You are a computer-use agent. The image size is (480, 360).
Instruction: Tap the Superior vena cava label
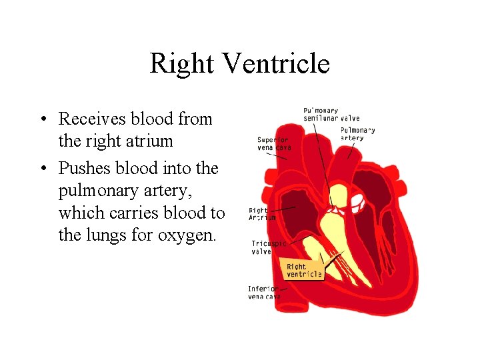(274, 143)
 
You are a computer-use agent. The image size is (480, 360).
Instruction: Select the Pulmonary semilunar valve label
(331, 115)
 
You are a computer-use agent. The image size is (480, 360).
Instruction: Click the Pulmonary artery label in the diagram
(357, 134)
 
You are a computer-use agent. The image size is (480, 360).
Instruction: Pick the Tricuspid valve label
(268, 247)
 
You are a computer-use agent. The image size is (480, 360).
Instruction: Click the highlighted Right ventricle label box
(304, 270)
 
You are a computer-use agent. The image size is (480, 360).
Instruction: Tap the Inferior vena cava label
(264, 293)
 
